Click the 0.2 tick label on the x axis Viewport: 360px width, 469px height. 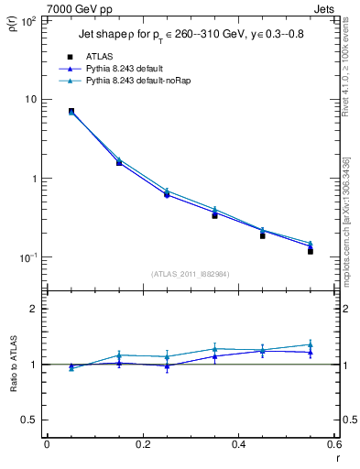pos(142,444)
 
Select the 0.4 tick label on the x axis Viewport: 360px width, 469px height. pos(238,444)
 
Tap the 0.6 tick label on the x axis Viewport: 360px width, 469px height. pos(333,444)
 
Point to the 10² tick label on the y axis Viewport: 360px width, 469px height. pos(27,20)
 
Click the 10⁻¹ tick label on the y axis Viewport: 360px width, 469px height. pos(27,257)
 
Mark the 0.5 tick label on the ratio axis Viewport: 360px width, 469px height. pos(30,420)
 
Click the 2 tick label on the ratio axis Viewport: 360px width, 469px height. pos(34,309)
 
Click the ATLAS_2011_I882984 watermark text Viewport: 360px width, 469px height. pos(190,274)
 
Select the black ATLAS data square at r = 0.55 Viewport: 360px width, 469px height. pos(311,251)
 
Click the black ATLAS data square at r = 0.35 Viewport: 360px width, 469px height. pos(214,215)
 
